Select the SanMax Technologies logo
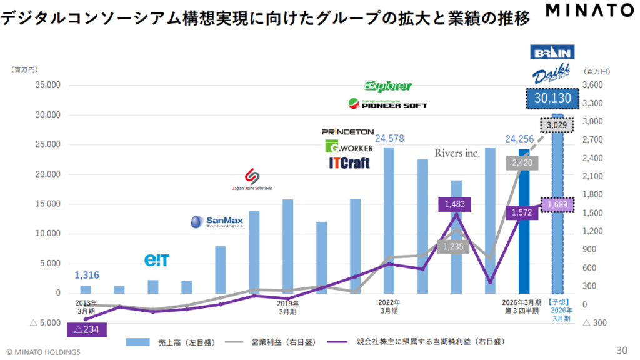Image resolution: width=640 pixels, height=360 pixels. [x=217, y=222]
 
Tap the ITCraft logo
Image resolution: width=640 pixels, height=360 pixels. [x=349, y=163]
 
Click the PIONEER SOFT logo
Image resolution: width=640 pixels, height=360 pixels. [x=387, y=104]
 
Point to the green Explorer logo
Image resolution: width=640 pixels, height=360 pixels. [x=388, y=86]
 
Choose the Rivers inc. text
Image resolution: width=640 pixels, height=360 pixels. [x=457, y=153]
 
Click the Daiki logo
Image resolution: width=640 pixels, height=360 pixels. [x=552, y=74]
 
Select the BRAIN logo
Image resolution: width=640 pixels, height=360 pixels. [x=552, y=52]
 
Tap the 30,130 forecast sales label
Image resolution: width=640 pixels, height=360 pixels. [x=552, y=98]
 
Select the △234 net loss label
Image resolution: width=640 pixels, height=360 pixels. [x=87, y=329]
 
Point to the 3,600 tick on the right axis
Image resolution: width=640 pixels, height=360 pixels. [x=594, y=85]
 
